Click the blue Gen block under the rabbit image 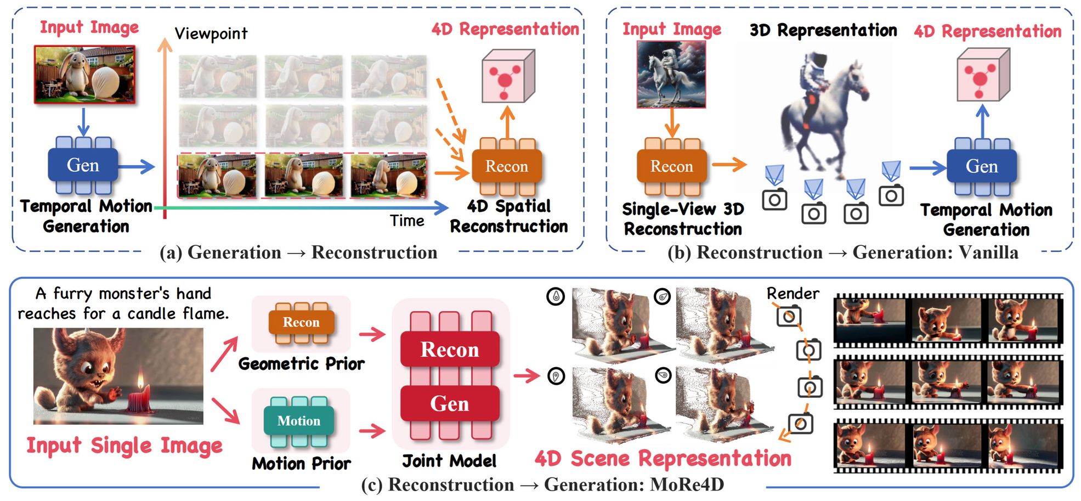click(x=83, y=165)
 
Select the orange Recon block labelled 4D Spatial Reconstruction click(x=507, y=166)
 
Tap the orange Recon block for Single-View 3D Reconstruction click(x=671, y=166)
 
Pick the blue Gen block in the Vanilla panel click(x=981, y=166)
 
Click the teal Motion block click(x=298, y=421)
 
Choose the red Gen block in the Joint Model click(x=450, y=404)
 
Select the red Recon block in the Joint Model click(x=450, y=350)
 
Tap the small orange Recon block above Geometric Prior click(x=301, y=322)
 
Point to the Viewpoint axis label click(x=211, y=34)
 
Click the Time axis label click(x=407, y=221)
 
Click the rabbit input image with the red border click(x=84, y=75)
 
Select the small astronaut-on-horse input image click(x=671, y=75)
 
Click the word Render click(x=793, y=294)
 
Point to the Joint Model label click(x=449, y=461)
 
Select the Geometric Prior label click(x=301, y=364)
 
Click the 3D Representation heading click(x=823, y=30)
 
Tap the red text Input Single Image click(x=124, y=446)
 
